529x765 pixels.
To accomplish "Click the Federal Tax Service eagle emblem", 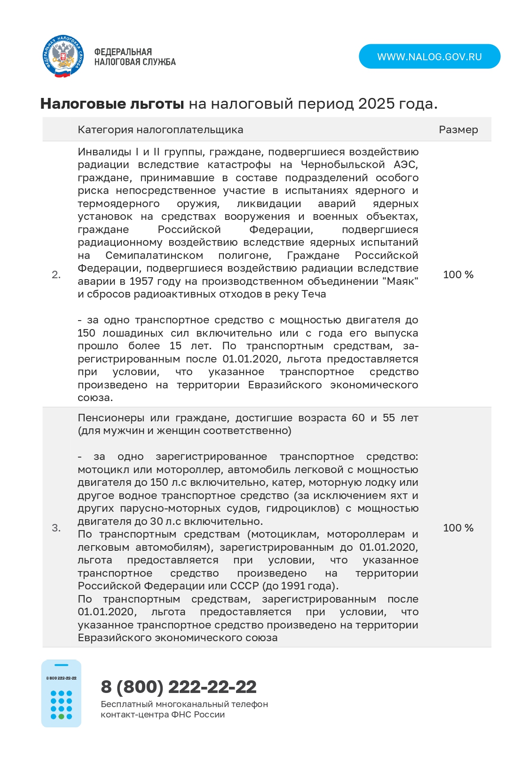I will (x=63, y=56).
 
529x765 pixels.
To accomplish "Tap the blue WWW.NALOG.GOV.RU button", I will (x=429, y=56).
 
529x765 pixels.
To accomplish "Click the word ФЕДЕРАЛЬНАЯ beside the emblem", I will (x=123, y=52).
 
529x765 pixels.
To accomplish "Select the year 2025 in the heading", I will (x=376, y=104).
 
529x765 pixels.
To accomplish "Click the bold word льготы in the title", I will (x=157, y=104).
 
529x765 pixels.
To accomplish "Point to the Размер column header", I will (x=458, y=129).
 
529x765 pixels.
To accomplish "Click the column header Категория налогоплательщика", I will (x=160, y=129).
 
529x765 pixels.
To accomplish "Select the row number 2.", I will (x=56, y=274).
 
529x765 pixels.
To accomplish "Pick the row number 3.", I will (x=56, y=528).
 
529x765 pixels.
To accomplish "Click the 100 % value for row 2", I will (x=458, y=274).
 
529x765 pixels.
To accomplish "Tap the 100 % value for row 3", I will (x=458, y=528).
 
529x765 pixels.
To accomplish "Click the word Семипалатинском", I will (x=154, y=255).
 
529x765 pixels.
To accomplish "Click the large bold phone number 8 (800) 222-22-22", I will (x=179, y=687).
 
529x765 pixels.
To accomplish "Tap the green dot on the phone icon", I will (x=61, y=717).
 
